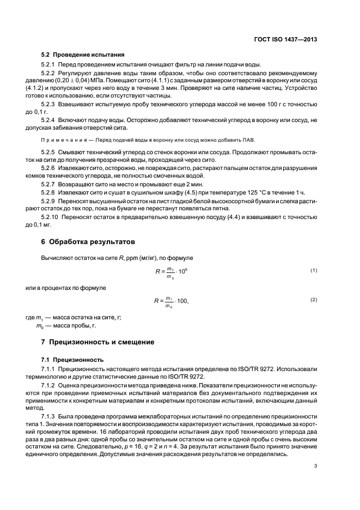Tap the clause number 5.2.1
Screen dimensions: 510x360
click(49, 65)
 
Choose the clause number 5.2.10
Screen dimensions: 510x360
click(51, 217)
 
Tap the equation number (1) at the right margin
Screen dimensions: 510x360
click(313, 270)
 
